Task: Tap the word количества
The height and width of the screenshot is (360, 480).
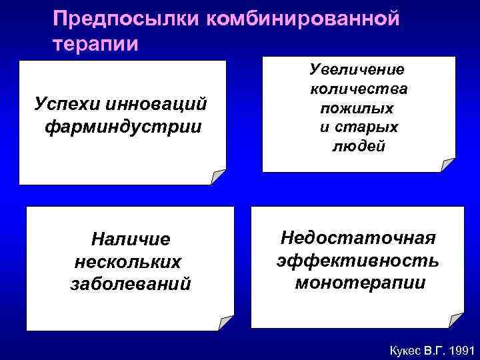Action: click(x=359, y=89)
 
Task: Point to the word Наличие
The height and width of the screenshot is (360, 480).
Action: click(x=131, y=239)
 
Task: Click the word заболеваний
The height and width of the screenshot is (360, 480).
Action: click(x=130, y=284)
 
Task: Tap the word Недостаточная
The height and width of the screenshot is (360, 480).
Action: click(x=358, y=238)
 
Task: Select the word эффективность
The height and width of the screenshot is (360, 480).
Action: click(x=358, y=261)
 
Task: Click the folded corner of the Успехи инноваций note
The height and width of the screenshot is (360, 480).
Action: click(x=218, y=177)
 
